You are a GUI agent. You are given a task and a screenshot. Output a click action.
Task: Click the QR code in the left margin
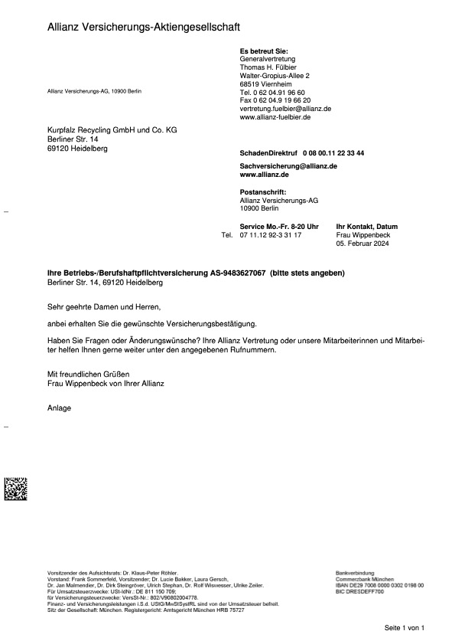pos(15,489)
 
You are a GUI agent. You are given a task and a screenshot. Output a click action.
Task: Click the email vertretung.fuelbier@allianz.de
pos(285,110)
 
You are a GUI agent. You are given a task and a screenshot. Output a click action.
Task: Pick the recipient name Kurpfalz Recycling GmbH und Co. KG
pos(112,131)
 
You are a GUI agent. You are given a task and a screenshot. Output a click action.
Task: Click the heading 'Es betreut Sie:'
pos(264,51)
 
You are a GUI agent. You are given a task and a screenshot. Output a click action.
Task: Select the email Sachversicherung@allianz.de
pos(289,166)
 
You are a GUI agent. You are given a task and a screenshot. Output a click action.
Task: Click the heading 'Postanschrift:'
pos(263,192)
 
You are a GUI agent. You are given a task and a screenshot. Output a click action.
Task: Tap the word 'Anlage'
pos(60,408)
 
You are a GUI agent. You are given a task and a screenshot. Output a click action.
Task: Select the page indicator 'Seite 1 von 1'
pos(404,628)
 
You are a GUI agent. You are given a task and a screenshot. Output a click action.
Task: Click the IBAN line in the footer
pos(379,585)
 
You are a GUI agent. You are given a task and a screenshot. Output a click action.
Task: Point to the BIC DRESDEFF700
pos(359,592)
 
